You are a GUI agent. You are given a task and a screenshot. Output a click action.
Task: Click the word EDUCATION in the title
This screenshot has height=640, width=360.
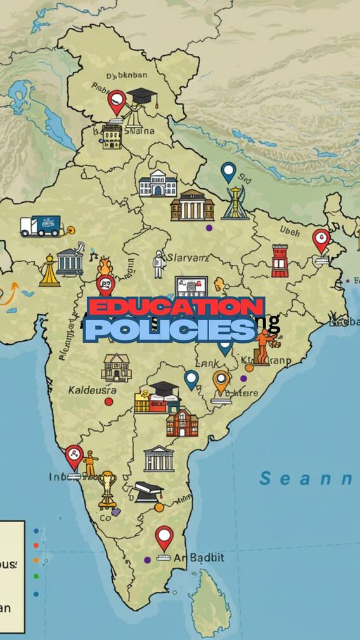(176, 307)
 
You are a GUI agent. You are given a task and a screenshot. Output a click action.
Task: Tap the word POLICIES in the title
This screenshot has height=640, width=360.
(170, 330)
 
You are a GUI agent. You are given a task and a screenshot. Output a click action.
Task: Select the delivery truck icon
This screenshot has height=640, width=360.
(41, 226)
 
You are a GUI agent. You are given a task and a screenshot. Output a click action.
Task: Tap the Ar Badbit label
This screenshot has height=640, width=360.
(198, 558)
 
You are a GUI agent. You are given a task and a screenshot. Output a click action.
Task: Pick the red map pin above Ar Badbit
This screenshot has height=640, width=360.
(164, 539)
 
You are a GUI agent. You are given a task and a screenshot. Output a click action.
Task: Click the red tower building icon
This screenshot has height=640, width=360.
(280, 260)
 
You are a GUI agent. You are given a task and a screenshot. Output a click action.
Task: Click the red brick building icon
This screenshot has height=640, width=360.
(182, 423)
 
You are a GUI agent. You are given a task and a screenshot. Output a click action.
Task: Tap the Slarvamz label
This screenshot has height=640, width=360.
(187, 257)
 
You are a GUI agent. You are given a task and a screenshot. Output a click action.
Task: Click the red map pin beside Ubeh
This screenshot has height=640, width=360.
(321, 241)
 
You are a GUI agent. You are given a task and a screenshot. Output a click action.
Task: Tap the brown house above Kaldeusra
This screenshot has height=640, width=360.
(116, 368)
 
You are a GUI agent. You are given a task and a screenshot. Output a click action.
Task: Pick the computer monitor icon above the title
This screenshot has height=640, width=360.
(192, 288)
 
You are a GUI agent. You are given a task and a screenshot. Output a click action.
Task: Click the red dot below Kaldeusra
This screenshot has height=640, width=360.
(109, 402)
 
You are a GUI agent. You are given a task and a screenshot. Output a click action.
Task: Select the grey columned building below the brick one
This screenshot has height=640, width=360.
(158, 458)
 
